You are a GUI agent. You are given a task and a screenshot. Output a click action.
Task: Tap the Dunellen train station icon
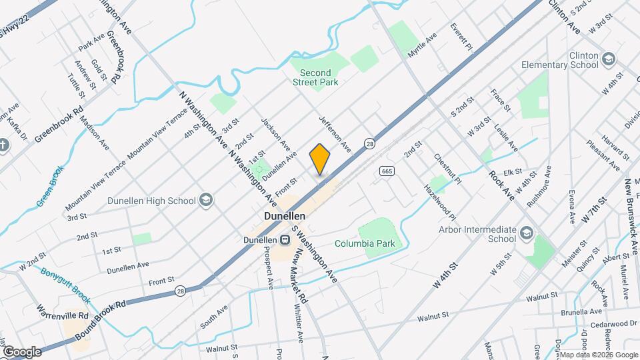coord(284,240)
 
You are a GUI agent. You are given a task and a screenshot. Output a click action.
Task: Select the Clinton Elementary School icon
coord(607,59)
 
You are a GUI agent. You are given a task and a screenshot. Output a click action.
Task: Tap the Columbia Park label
coord(365,243)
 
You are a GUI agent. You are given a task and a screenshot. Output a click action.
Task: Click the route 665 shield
coord(386,171)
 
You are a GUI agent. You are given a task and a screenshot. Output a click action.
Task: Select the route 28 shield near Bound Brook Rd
coord(180,291)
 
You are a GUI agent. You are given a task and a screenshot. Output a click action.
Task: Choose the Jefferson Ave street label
coord(334,132)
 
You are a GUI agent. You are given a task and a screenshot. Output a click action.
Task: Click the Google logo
coord(22,351)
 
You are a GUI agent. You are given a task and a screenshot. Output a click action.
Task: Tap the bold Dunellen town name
coord(285,217)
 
